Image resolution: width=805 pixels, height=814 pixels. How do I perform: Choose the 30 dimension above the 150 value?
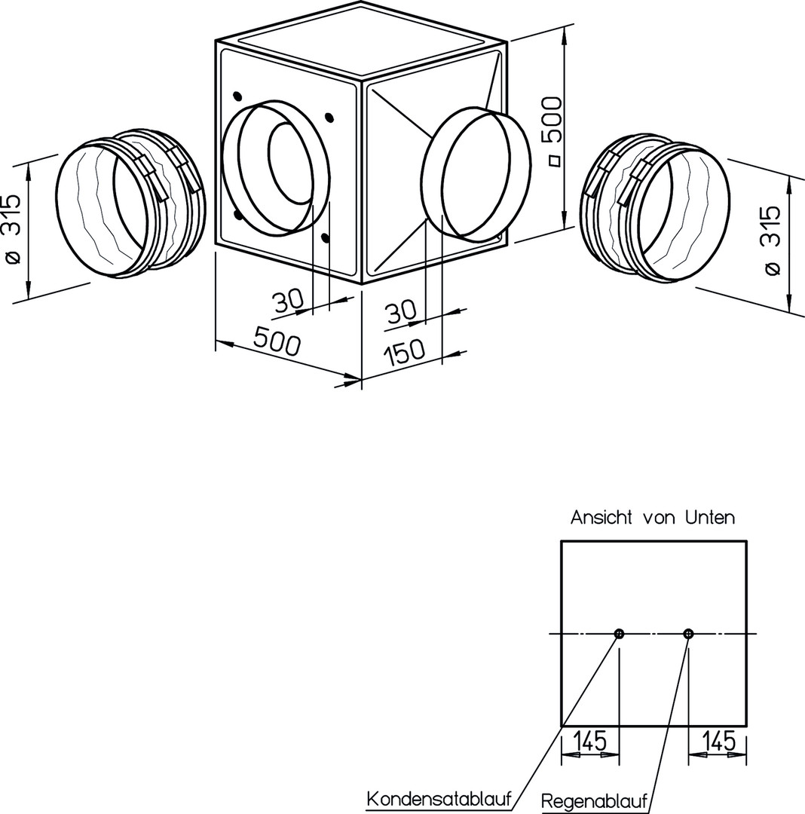(x=401, y=311)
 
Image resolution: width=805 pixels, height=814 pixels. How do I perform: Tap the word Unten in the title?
(x=709, y=518)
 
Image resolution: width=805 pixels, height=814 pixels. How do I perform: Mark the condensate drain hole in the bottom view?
(x=619, y=634)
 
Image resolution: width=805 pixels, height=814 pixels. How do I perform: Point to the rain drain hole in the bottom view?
(x=687, y=634)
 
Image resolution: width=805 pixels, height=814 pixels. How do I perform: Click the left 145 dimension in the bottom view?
(x=590, y=742)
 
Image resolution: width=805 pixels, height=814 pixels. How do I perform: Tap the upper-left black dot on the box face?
(x=237, y=96)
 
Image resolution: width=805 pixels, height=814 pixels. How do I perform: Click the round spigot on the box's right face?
(x=472, y=174)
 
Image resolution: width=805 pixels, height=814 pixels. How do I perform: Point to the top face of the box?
(x=360, y=38)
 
